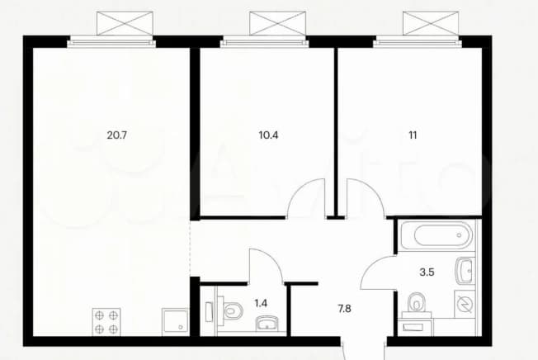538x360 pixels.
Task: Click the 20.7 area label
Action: click(x=117, y=135)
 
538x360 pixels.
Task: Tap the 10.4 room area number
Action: click(x=268, y=135)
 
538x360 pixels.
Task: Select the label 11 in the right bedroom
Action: click(x=413, y=135)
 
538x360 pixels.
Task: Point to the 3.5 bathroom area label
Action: click(x=427, y=272)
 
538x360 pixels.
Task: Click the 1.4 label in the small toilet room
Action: click(x=261, y=303)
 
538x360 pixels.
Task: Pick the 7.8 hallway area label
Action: click(x=344, y=309)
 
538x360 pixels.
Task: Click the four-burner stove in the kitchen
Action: click(x=106, y=322)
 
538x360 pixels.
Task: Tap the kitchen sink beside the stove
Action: click(x=175, y=320)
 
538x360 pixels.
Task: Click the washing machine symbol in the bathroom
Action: click(x=465, y=304)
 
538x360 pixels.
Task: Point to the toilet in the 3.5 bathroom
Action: click(x=416, y=303)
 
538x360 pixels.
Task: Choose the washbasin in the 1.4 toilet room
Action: click(x=267, y=324)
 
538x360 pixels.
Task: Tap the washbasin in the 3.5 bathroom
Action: click(x=465, y=270)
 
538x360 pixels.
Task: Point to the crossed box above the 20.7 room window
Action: click(x=125, y=23)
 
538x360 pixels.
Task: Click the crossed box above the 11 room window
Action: click(x=431, y=23)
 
